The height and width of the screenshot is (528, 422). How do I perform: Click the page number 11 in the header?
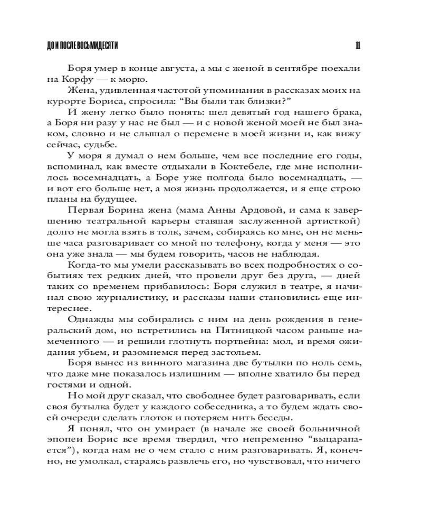pyautogui.click(x=357, y=46)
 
